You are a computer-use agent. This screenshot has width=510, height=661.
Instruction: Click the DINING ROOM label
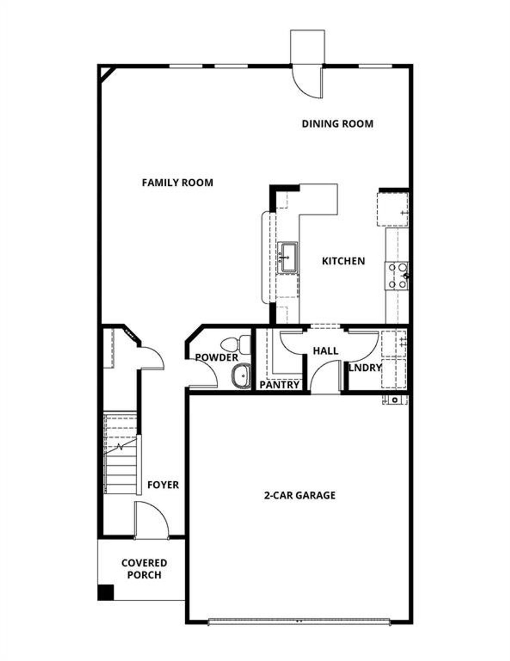tap(337, 124)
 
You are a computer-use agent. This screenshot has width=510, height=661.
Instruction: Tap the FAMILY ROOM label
tap(177, 183)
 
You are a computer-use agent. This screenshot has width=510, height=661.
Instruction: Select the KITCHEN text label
tap(343, 261)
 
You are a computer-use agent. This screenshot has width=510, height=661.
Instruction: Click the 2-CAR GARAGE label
tap(300, 495)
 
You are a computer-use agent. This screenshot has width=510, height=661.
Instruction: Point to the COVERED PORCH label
tap(144, 569)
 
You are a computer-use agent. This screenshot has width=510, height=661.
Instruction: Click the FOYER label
tap(163, 485)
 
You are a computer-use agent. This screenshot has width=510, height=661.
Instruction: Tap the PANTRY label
tap(279, 385)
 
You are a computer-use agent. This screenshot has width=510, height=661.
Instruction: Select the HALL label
tap(326, 351)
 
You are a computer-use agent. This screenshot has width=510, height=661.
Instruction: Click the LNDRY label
tap(365, 368)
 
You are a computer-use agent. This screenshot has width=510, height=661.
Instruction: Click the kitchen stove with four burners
tap(397, 275)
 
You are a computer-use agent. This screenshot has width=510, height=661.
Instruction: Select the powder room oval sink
tap(240, 375)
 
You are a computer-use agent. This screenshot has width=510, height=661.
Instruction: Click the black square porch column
tap(106, 592)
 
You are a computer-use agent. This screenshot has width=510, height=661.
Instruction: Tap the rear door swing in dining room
tap(307, 82)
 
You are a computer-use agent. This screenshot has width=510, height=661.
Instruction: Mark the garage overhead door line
tap(299, 621)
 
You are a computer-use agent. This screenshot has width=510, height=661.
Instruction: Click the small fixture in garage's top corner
tap(395, 399)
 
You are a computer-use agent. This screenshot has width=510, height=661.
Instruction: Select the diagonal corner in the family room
tap(107, 74)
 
